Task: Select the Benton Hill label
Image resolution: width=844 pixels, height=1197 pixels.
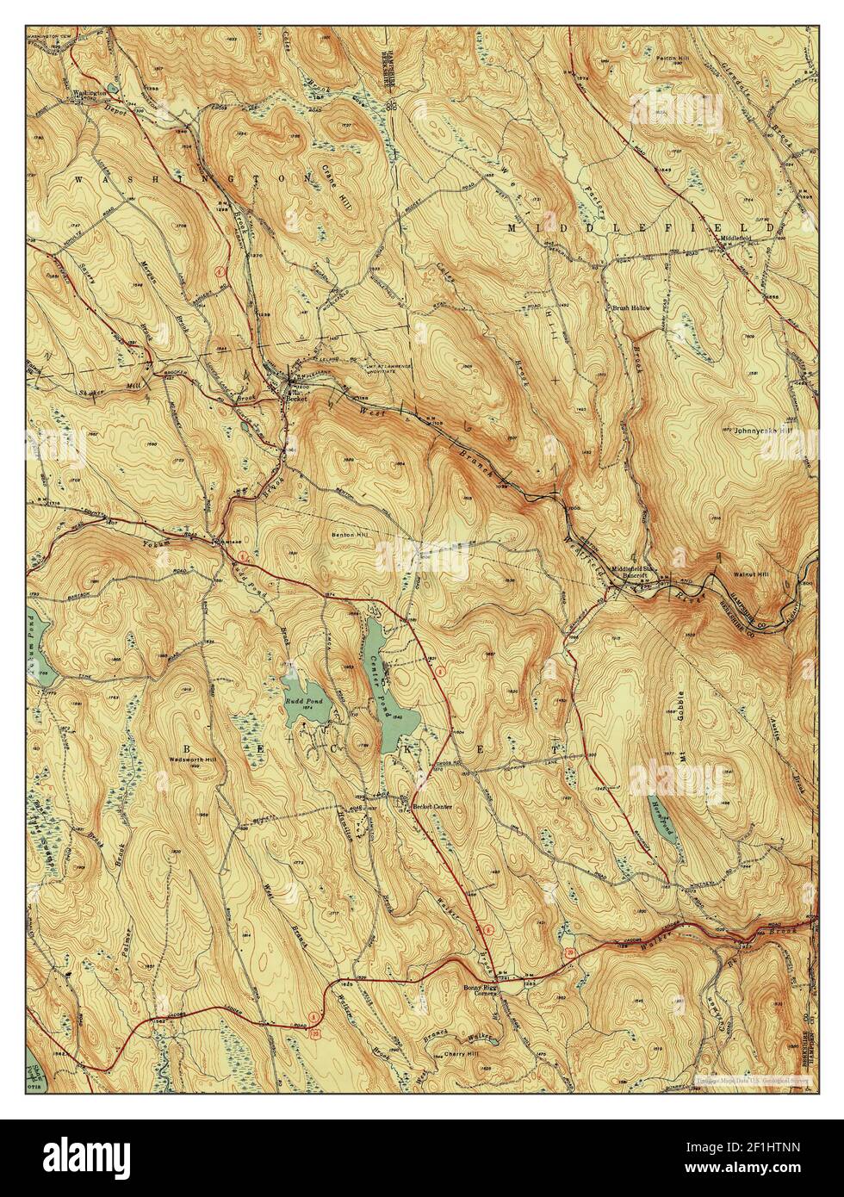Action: pyautogui.click(x=350, y=535)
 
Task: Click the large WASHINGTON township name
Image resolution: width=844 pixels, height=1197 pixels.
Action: pyautogui.click(x=193, y=178)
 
